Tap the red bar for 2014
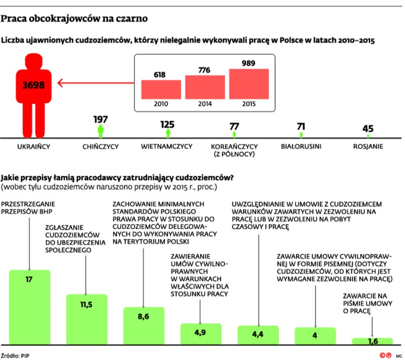coord(204,86)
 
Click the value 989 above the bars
coord(249,63)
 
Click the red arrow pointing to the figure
coord(95,83)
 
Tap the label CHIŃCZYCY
coord(101,146)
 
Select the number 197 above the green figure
coord(100,119)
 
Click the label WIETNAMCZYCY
coord(167,146)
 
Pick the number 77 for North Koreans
coord(234,126)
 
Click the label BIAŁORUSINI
coord(301,146)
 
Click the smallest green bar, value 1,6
coord(372,341)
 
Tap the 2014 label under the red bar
coord(205,104)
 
